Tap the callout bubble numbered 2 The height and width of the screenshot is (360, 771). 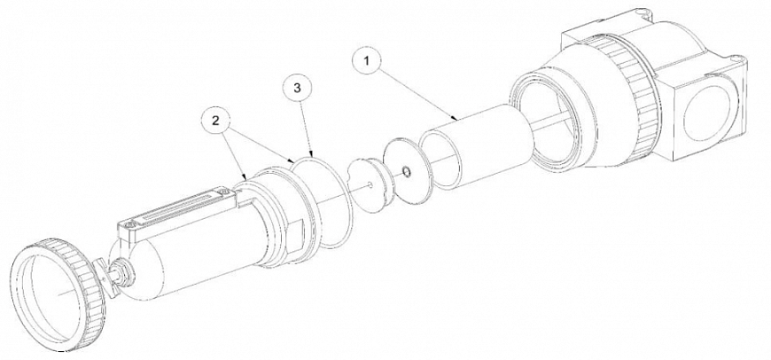point(215,121)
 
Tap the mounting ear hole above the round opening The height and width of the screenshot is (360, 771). point(741,60)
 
